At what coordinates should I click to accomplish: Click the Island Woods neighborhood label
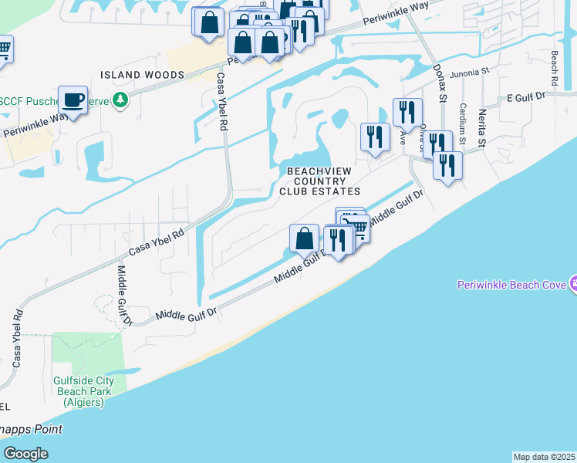[143, 75]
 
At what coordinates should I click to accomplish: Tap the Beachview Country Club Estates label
[323, 181]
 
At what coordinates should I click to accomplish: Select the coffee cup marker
[73, 100]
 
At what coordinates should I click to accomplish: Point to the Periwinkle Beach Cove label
[511, 284]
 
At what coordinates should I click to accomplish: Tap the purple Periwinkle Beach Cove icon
[572, 283]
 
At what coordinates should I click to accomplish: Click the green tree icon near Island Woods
[120, 100]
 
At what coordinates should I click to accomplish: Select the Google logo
[25, 453]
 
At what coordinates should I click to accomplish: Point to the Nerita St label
[481, 128]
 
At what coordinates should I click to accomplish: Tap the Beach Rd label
[554, 68]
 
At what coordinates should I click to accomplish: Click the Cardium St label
[462, 124]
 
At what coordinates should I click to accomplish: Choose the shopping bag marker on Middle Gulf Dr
[305, 238]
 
